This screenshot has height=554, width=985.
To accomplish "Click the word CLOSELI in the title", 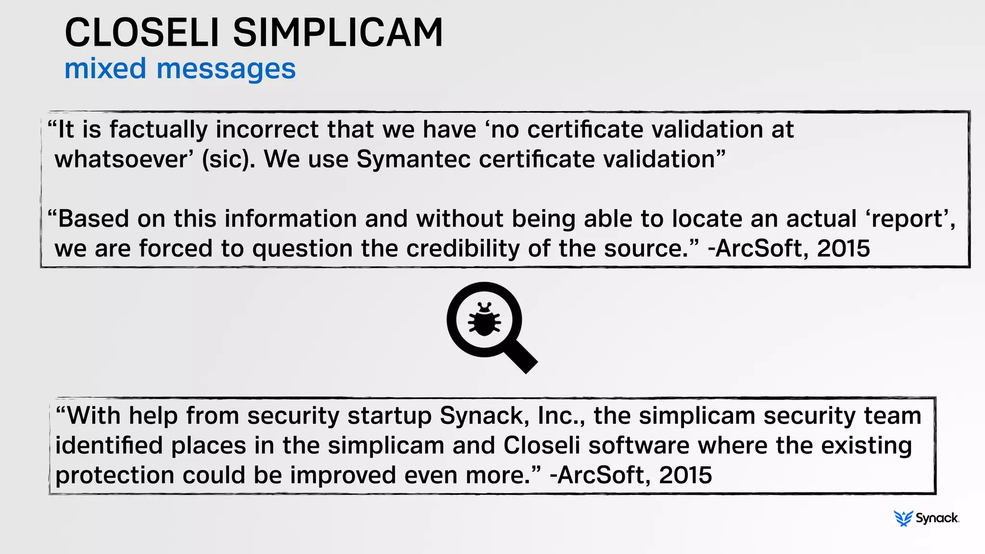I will tap(142, 33).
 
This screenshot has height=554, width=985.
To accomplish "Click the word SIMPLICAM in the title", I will tap(338, 33).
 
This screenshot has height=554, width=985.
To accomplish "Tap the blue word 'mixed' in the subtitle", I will tap(105, 68).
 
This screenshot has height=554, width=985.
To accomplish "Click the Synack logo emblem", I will tap(903, 518).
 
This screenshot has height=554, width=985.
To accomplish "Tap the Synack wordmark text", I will tap(937, 518).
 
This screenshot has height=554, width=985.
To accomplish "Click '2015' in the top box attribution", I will tap(843, 249).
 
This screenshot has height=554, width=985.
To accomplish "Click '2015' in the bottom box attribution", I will tap(685, 475).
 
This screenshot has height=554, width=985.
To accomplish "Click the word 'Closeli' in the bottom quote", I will tap(542, 445).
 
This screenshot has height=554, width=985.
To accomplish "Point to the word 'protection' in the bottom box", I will tap(114, 476).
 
